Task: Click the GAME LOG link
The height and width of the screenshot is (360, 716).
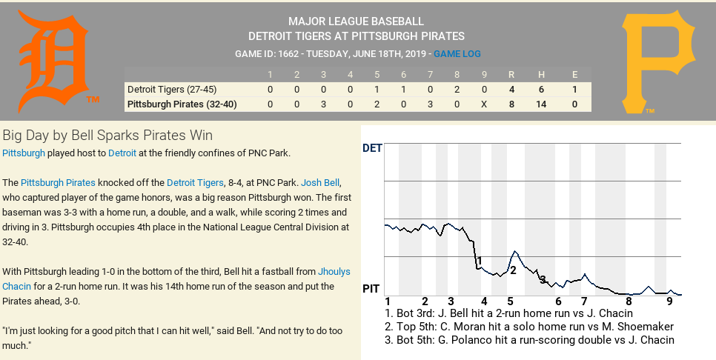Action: point(457,54)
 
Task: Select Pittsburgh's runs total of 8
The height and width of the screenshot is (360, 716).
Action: point(511,104)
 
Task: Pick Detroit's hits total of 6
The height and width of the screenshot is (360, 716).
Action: point(541,89)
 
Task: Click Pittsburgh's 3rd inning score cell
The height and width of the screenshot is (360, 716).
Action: point(323,104)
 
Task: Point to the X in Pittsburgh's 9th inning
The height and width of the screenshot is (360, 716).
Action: point(484,104)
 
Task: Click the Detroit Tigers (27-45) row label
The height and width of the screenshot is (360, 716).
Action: point(171,89)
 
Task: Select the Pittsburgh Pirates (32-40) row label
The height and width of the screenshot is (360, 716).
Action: point(182,104)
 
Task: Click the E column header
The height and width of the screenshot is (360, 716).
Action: point(574,74)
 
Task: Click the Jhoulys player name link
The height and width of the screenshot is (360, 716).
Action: point(336,271)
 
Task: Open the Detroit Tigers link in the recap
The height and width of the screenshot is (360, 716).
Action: point(195,182)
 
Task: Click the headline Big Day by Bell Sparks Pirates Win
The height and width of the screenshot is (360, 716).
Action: point(107,136)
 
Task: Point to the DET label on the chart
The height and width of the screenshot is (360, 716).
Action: point(372,148)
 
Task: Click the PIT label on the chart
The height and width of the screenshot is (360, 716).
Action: point(372,288)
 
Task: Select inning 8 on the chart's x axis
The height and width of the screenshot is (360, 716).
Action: point(629,301)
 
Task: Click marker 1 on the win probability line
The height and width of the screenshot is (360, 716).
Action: point(480,261)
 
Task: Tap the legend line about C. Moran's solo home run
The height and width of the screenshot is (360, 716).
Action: point(529,327)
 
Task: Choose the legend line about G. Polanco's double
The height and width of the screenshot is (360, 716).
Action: point(529,340)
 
